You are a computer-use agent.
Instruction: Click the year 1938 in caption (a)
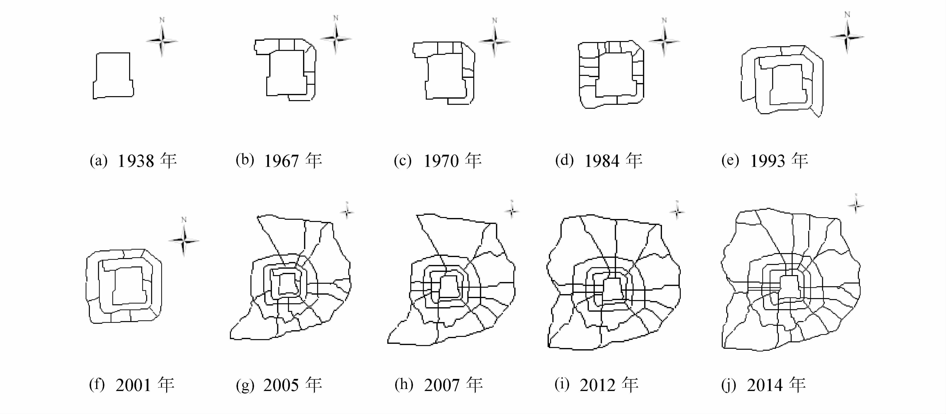(135, 161)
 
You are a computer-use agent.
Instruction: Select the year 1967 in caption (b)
(281, 161)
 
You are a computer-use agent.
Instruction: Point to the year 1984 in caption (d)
(602, 161)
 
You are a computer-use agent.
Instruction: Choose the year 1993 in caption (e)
(768, 161)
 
